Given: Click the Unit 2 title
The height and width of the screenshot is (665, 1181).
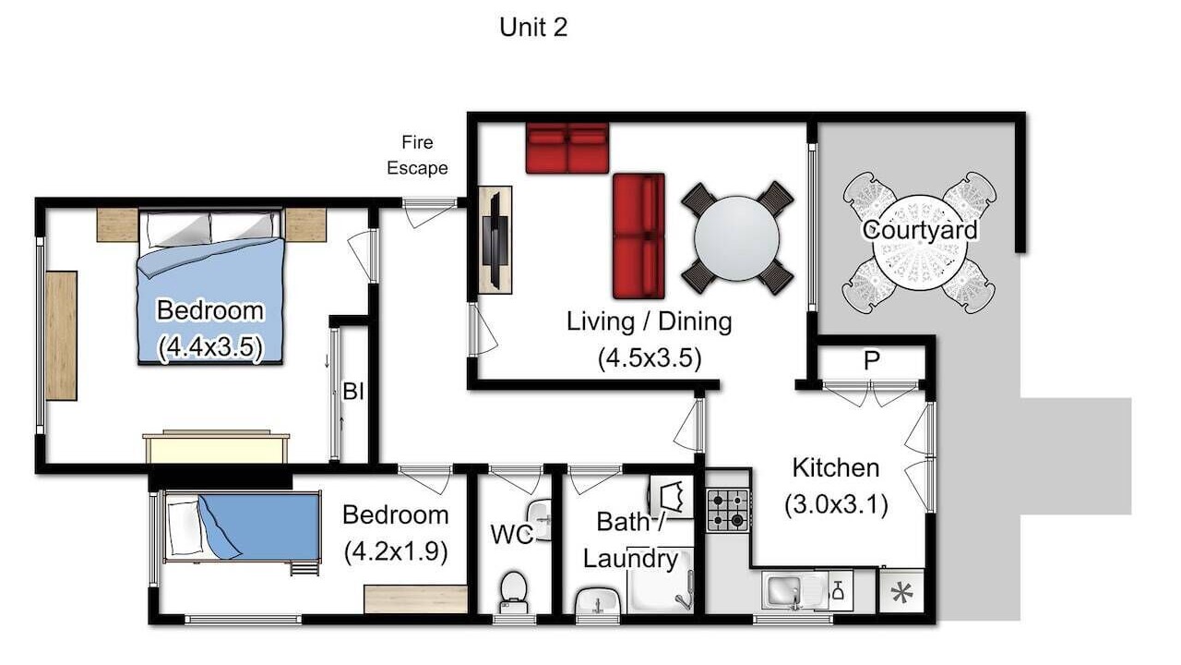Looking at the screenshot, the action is pos(533,28).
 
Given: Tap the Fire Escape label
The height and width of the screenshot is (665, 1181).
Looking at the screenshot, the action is pos(417,155).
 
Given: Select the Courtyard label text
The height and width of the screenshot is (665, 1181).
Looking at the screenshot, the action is pos(920,230).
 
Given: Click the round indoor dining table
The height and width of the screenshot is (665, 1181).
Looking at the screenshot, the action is pos(736,238).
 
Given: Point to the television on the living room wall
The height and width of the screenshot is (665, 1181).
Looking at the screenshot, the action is pos(495,240).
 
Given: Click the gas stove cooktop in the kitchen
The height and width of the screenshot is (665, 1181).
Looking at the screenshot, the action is pos(728,511).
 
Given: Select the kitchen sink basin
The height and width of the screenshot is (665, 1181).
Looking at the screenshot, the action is pos(783,590).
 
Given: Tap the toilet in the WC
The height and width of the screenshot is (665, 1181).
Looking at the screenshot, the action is pos(514,592).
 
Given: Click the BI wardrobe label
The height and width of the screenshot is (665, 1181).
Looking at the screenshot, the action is pos(352,392).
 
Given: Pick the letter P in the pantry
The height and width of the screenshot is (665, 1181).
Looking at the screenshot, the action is pos(872,361).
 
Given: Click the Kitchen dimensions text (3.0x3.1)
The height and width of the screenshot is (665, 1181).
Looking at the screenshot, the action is pos(836,504).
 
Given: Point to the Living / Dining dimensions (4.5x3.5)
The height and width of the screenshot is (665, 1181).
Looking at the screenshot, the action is pos(650,358).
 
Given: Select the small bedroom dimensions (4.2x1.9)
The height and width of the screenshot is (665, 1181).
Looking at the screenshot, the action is pos(396,552).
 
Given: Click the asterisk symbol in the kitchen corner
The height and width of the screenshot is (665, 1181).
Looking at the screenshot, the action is pos(902,593).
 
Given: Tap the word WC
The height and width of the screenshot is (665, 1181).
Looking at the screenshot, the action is pos(511,535).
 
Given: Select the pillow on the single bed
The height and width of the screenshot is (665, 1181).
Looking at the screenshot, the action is pos(184,527).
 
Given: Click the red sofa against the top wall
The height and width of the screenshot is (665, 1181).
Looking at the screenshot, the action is pos(567,148).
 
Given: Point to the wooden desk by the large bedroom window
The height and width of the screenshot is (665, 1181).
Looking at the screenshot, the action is pos(61,335).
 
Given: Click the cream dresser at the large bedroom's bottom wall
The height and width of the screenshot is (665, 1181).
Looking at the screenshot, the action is pos(216,448).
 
